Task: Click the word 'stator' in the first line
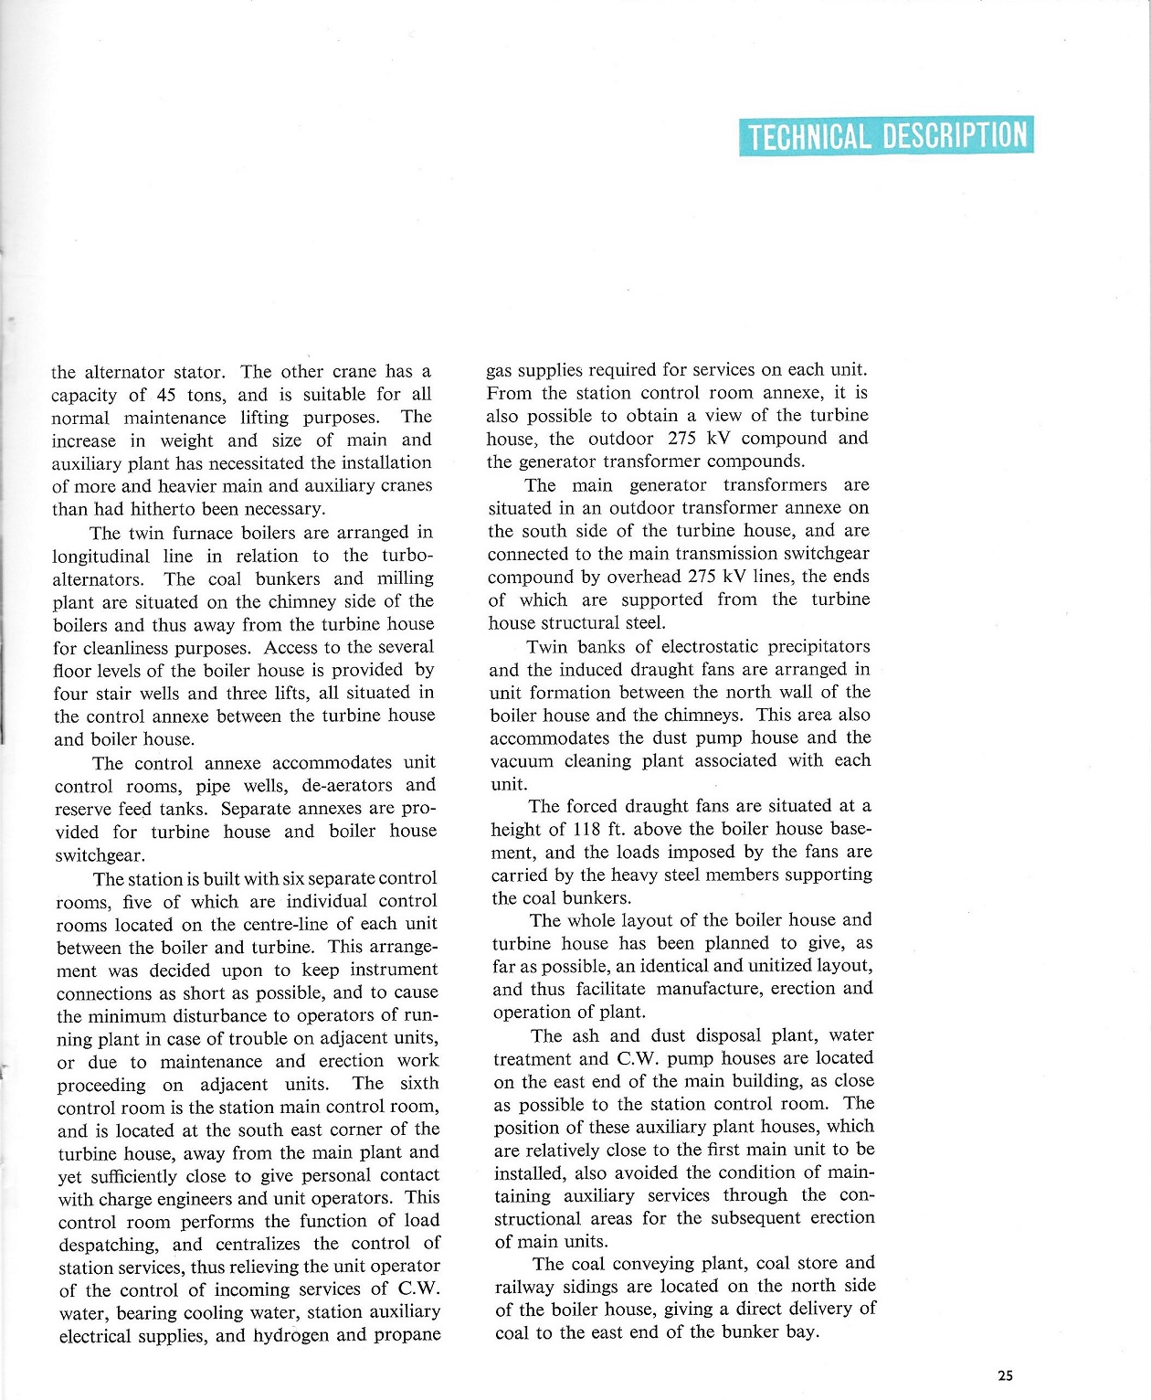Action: pyautogui.click(x=196, y=372)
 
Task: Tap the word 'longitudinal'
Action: pyautogui.click(x=97, y=556)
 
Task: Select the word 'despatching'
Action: pyautogui.click(x=107, y=1244)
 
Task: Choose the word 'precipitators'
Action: pyautogui.click(x=818, y=646)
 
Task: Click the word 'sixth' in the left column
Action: pyautogui.click(x=419, y=1083)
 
